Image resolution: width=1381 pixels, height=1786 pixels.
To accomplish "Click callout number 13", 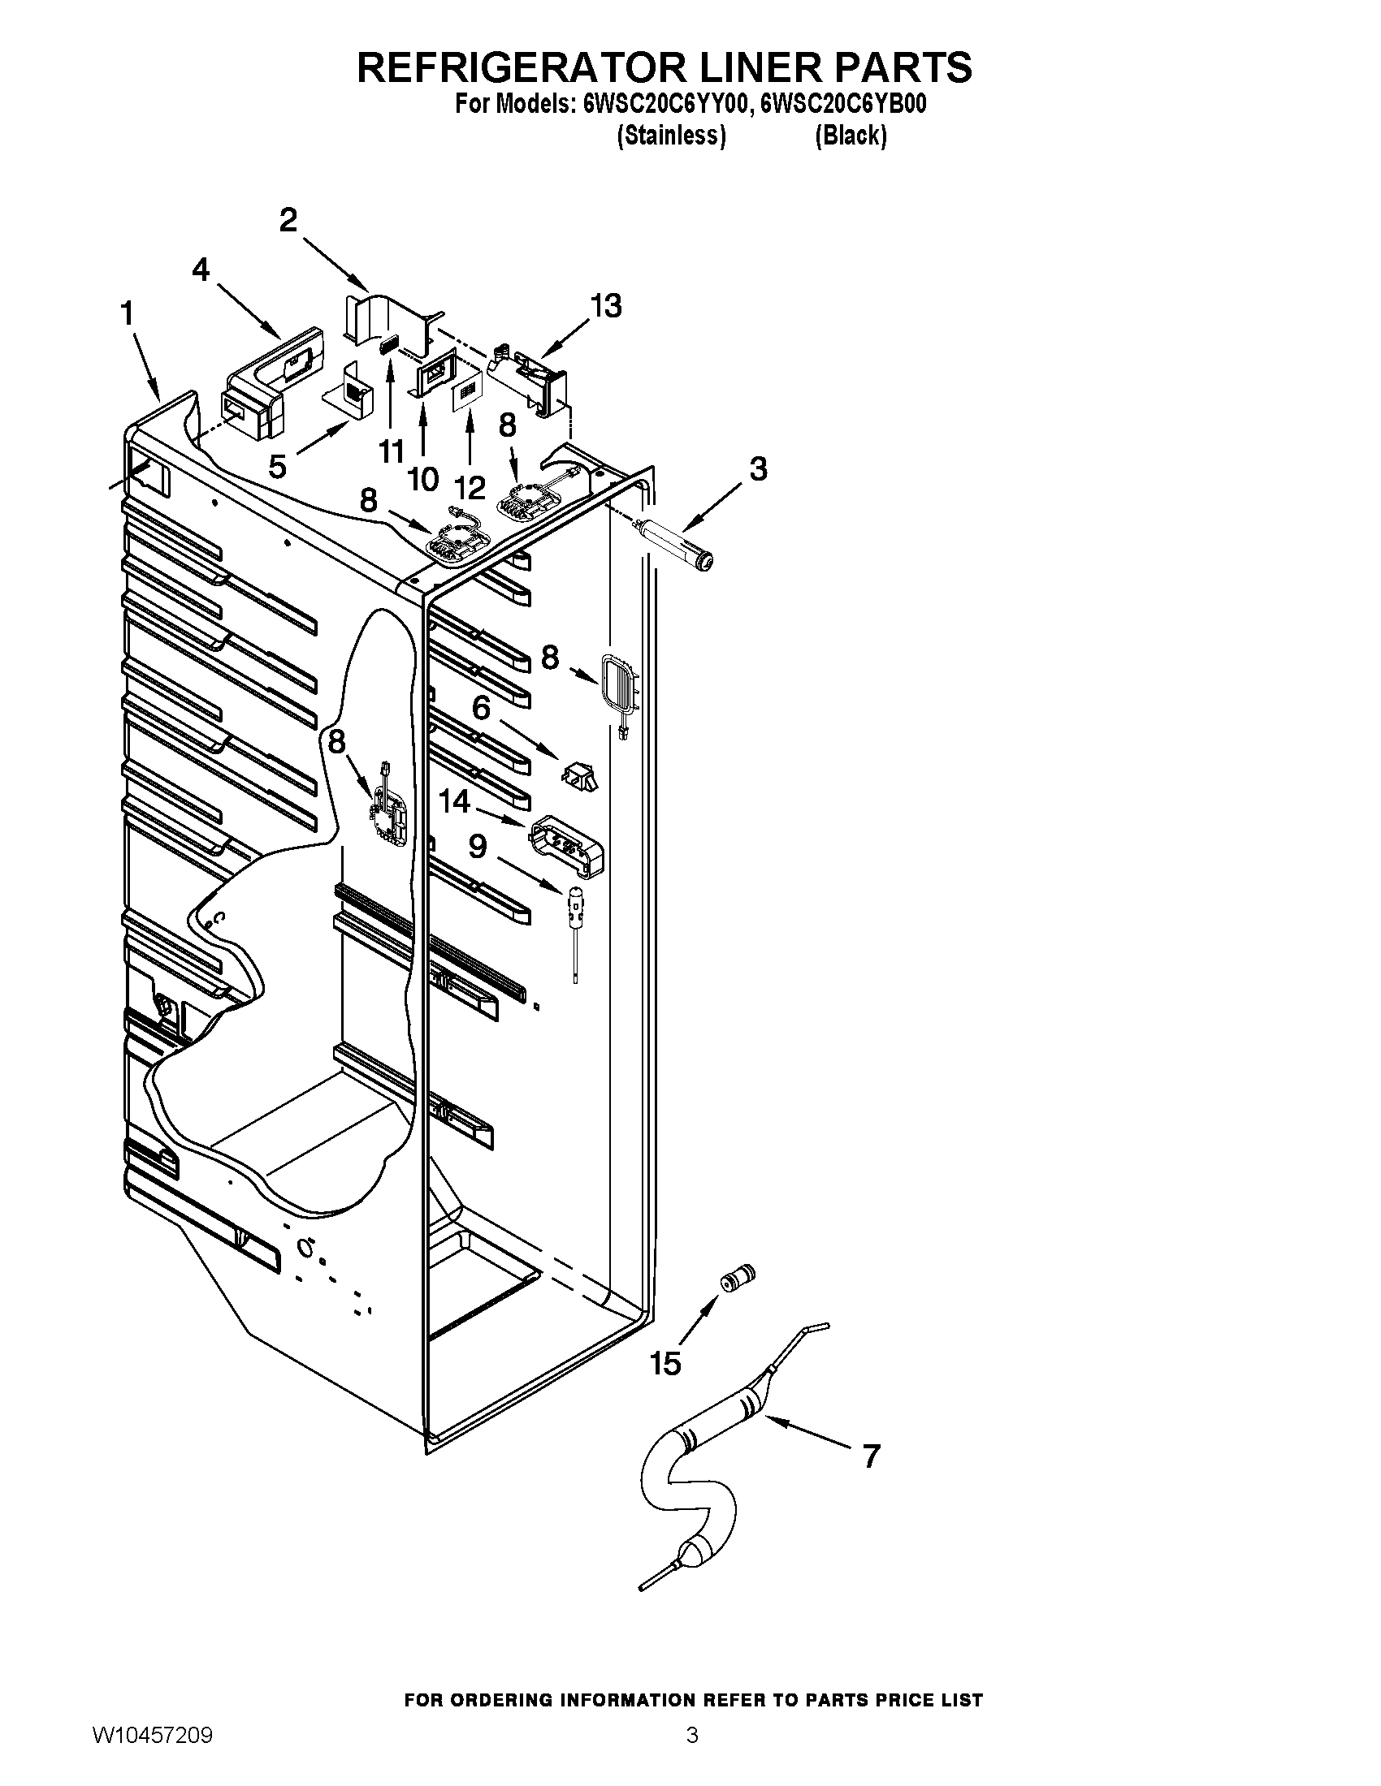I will click(606, 306).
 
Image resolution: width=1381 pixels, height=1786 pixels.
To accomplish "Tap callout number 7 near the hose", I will click(872, 1456).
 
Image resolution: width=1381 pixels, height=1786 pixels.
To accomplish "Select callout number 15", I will click(665, 1363).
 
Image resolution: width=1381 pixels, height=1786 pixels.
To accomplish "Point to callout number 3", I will click(758, 468).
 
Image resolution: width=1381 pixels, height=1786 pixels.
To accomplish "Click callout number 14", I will click(455, 800).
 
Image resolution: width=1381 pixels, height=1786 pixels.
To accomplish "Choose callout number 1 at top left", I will click(128, 313).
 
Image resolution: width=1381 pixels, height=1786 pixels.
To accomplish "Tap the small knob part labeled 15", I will click(737, 1277).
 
